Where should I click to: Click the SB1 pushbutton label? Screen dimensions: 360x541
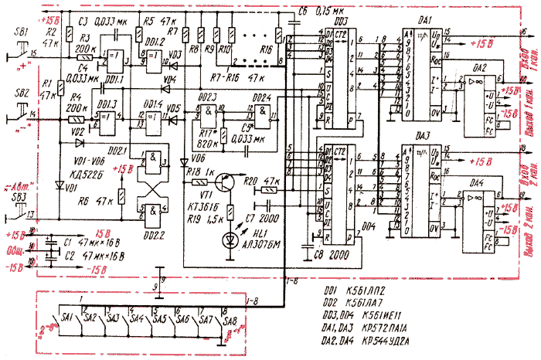[22, 31]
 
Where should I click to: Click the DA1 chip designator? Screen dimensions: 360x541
[424, 17]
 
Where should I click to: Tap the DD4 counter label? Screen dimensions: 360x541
[368, 226]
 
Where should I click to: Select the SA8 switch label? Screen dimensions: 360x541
[230, 317]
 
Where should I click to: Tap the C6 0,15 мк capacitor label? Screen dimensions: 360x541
[319, 9]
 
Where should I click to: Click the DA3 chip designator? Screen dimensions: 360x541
[424, 137]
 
